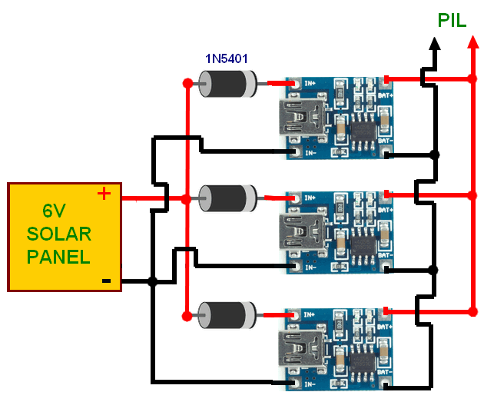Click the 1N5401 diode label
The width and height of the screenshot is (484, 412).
[x=227, y=58]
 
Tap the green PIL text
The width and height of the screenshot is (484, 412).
[x=452, y=21]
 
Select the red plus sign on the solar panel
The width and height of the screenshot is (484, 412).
[x=104, y=194]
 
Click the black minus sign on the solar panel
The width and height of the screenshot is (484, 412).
[x=107, y=281]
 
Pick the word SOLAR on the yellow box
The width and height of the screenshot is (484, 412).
[x=59, y=234]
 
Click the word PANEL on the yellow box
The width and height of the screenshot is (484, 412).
[x=58, y=257]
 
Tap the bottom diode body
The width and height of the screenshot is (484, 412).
[x=228, y=314]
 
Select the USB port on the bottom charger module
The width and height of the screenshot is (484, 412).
[x=298, y=350]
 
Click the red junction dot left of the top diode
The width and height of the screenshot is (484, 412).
[x=187, y=82]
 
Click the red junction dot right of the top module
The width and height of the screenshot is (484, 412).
[x=469, y=78]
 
